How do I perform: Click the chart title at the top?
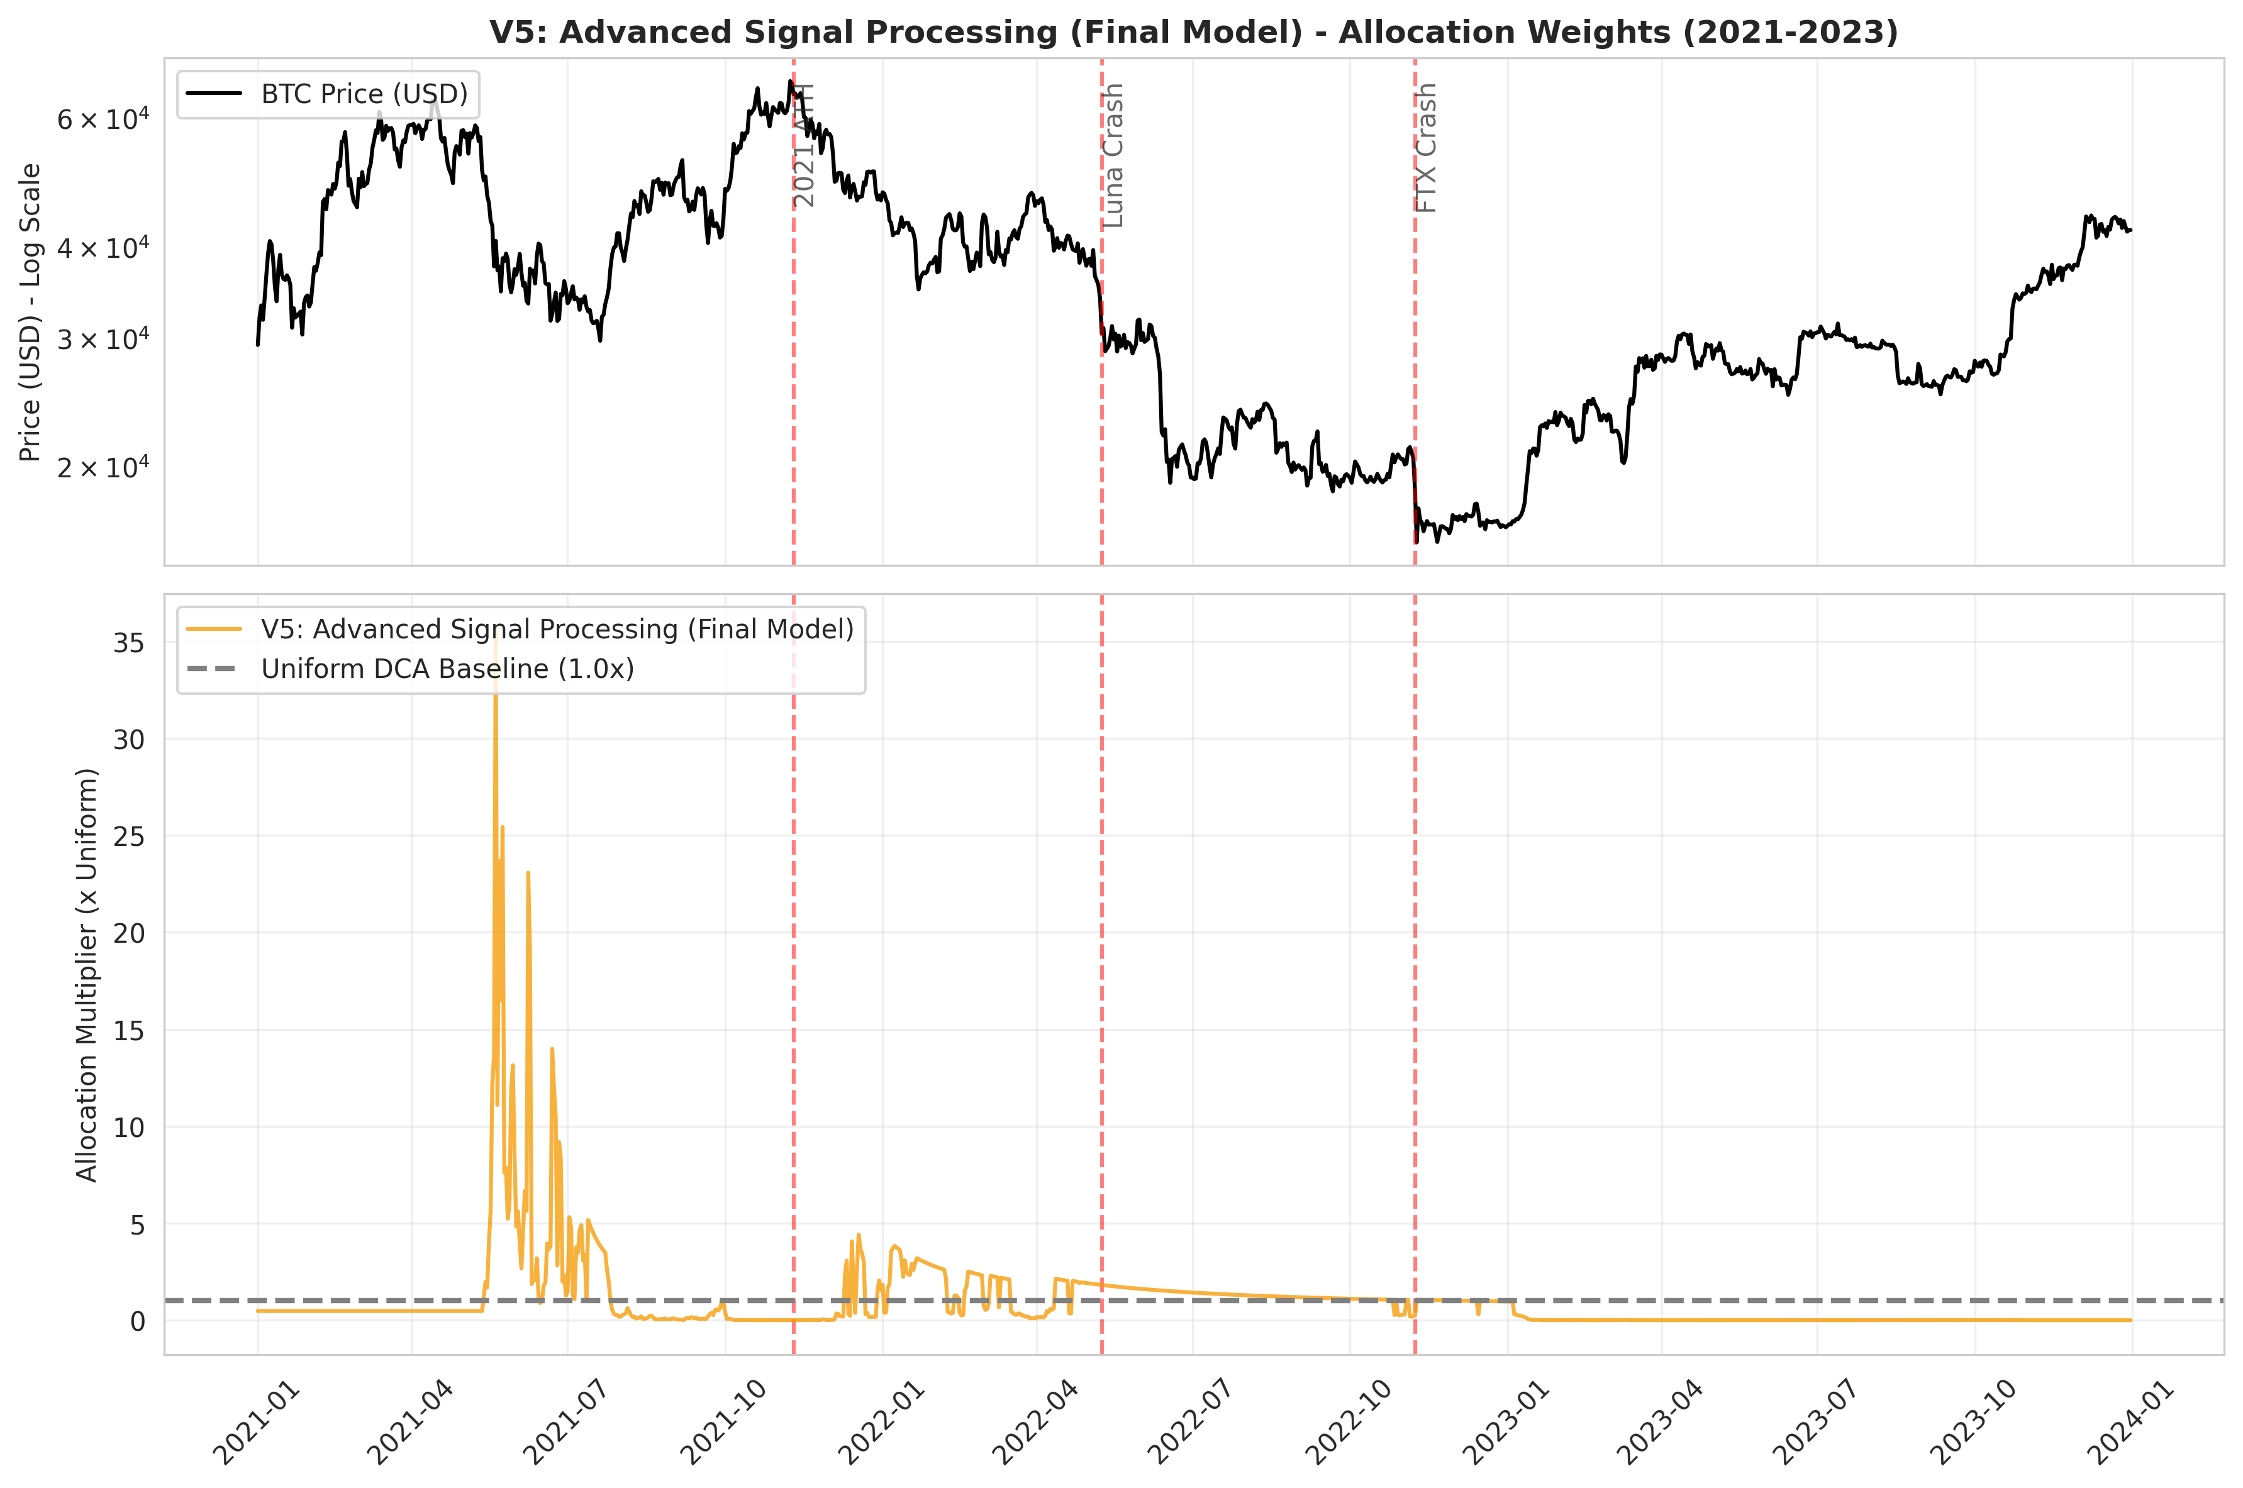pyautogui.click(x=1194, y=32)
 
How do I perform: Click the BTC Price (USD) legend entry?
pyautogui.click(x=364, y=94)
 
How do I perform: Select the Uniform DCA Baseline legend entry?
pyautogui.click(x=447, y=669)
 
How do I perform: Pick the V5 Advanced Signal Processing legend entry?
pyautogui.click(x=557, y=629)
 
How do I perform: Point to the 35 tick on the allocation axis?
pyautogui.click(x=128, y=643)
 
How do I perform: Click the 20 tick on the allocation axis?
pyautogui.click(x=128, y=934)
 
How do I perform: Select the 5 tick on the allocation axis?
pyautogui.click(x=138, y=1225)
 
